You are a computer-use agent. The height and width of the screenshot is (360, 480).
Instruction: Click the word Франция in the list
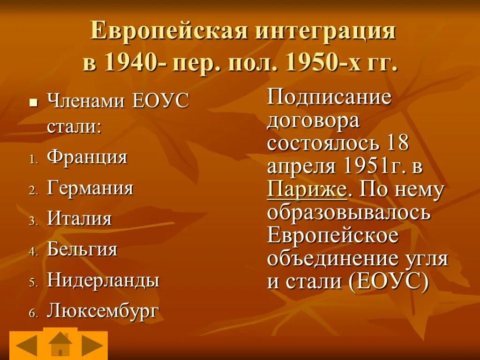87,157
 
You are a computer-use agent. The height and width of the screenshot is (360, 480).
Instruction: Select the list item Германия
90,188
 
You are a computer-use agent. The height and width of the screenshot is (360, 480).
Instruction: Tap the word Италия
79,219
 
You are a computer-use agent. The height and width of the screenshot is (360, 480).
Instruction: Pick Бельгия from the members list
82,249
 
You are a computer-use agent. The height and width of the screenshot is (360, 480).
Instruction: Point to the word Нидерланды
103,280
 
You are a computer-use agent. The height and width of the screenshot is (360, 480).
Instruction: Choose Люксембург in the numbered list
103,311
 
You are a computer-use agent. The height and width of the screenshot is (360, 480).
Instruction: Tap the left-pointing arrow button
26,345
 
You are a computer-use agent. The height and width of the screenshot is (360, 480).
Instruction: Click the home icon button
60,345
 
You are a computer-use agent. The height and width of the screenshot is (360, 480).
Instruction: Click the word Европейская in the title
169,31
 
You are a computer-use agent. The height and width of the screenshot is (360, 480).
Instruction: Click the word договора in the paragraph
313,121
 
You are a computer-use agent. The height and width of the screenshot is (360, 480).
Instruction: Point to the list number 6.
33,313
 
